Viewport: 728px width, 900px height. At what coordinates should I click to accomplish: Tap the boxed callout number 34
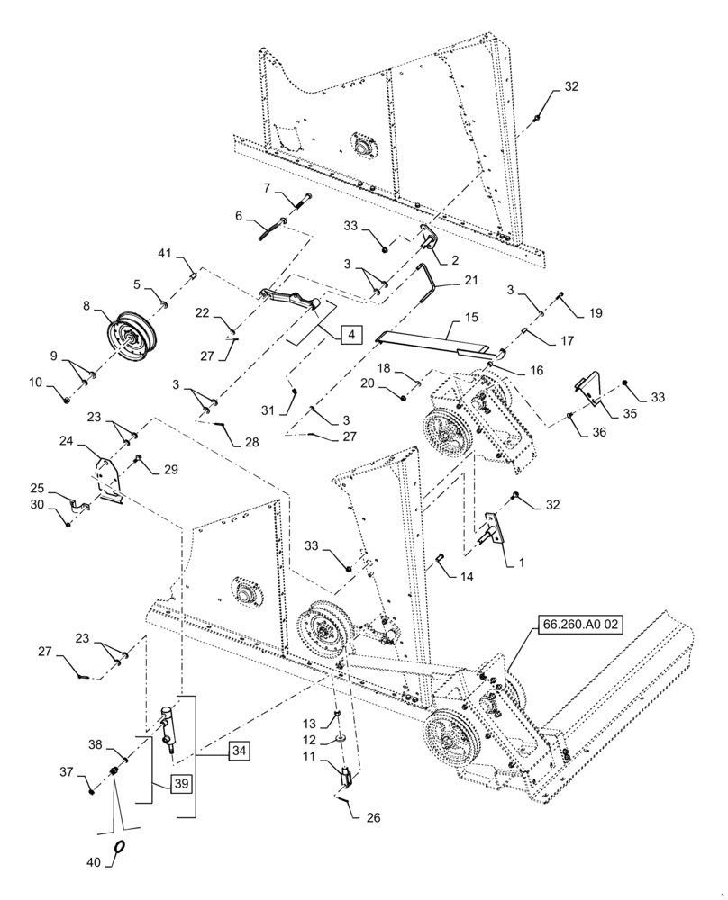239,749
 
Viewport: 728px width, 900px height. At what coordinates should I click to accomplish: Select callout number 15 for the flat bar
471,319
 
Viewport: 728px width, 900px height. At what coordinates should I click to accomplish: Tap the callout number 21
471,281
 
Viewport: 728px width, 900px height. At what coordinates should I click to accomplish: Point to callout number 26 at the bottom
374,818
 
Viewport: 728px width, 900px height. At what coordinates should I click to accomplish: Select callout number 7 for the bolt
266,187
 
